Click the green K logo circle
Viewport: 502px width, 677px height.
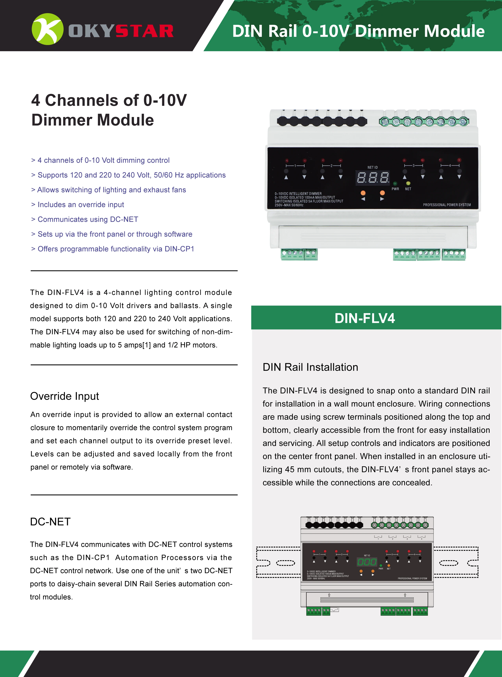pos(47,29)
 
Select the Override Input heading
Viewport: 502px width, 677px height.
pos(64,396)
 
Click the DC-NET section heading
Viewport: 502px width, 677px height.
pos(50,522)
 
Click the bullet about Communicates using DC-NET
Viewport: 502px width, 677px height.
pos(88,219)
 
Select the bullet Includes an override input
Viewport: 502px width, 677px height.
pos(80,205)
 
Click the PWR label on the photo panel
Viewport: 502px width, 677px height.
pos(395,189)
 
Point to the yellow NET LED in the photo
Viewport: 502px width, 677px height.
pos(408,183)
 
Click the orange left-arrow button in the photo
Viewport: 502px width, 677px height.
pos(363,193)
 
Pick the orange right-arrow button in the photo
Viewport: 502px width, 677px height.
pos(382,193)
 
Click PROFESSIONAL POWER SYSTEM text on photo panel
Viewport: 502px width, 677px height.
pos(447,205)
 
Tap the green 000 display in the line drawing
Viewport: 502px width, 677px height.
pos(367,562)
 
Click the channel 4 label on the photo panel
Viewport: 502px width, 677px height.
pos(450,166)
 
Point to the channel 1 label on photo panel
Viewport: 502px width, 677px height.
pos(295,166)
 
